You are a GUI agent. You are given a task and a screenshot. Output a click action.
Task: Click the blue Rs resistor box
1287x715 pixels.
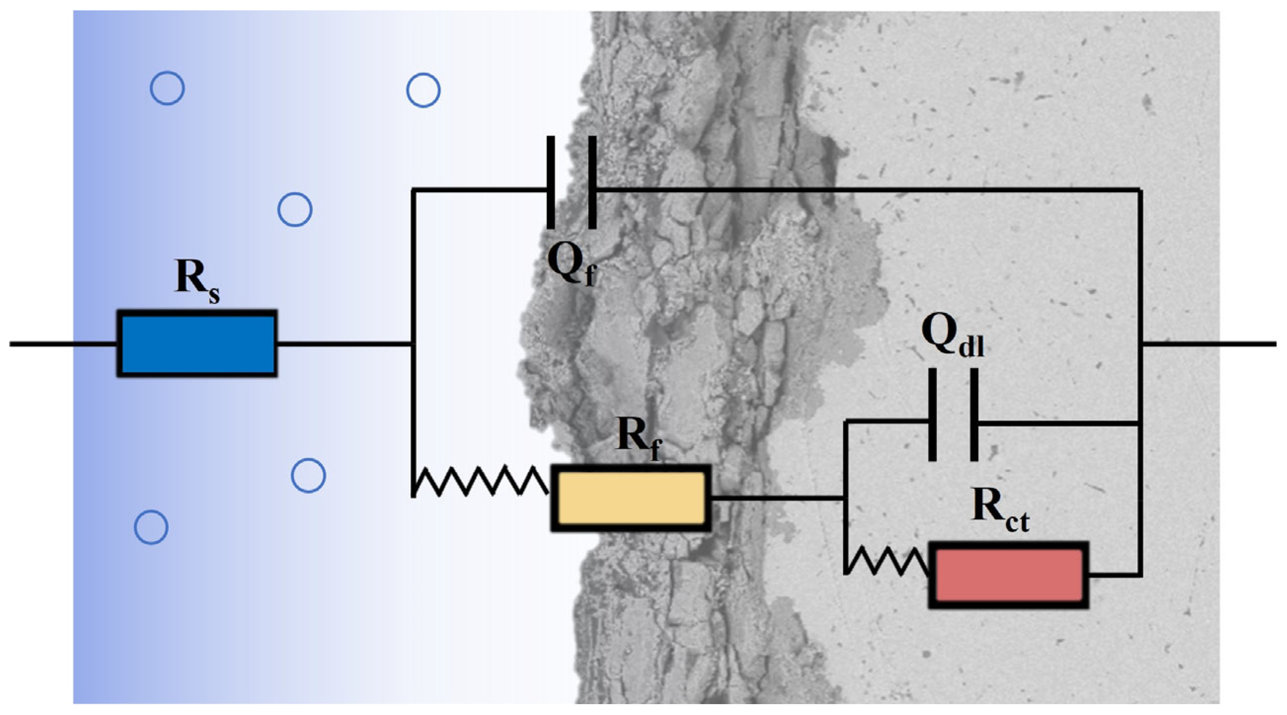point(197,343)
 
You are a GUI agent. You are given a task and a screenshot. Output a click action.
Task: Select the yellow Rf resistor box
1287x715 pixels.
point(631,498)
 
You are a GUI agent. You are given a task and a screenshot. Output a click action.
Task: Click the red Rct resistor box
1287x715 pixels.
point(1008,575)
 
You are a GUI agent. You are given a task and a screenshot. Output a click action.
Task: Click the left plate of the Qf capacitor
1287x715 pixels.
point(551,183)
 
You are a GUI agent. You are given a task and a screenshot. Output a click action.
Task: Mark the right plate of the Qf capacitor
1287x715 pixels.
point(592,183)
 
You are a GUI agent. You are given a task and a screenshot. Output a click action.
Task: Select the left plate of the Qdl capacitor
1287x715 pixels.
point(932,415)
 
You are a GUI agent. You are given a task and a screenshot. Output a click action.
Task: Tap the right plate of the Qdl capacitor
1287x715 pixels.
point(974,415)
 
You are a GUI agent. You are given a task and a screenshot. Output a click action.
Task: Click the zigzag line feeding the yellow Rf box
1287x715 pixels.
point(480,481)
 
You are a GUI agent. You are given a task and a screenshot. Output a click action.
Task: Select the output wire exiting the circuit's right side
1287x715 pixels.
point(1209,344)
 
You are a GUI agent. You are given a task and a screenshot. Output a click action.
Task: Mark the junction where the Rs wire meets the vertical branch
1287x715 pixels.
point(412,344)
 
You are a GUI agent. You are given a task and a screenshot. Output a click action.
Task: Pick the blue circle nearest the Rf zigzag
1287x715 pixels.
point(308,476)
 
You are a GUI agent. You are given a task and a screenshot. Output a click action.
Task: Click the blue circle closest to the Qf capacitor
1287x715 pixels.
point(423,90)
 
